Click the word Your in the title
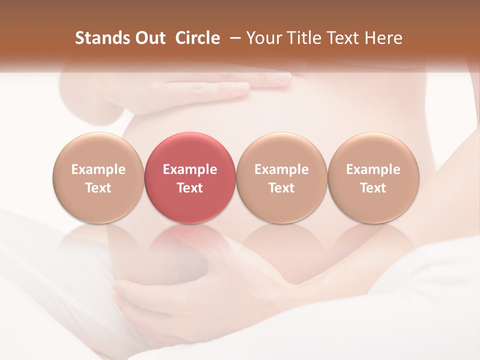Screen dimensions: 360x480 pyautogui.click(x=263, y=38)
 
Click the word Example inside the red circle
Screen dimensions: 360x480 pyautogui.click(x=190, y=169)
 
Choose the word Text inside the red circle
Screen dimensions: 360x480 pyautogui.click(x=190, y=188)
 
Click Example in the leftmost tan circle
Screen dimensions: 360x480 pyautogui.click(x=98, y=169)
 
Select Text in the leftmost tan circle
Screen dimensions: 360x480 pyautogui.click(x=98, y=188)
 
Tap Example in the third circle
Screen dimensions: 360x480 pyautogui.click(x=281, y=169)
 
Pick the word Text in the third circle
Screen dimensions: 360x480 pyautogui.click(x=281, y=188)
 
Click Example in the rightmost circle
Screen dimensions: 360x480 pyautogui.click(x=373, y=169)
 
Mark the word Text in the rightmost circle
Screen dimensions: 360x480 pyautogui.click(x=373, y=188)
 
